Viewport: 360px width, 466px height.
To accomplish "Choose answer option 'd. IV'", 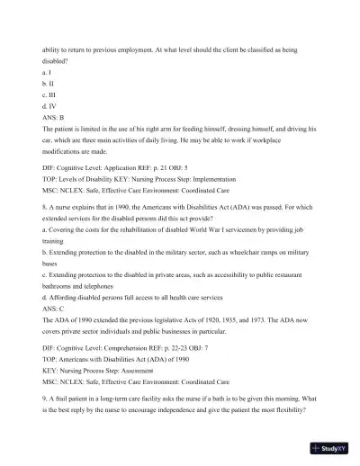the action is (x=50, y=109).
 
